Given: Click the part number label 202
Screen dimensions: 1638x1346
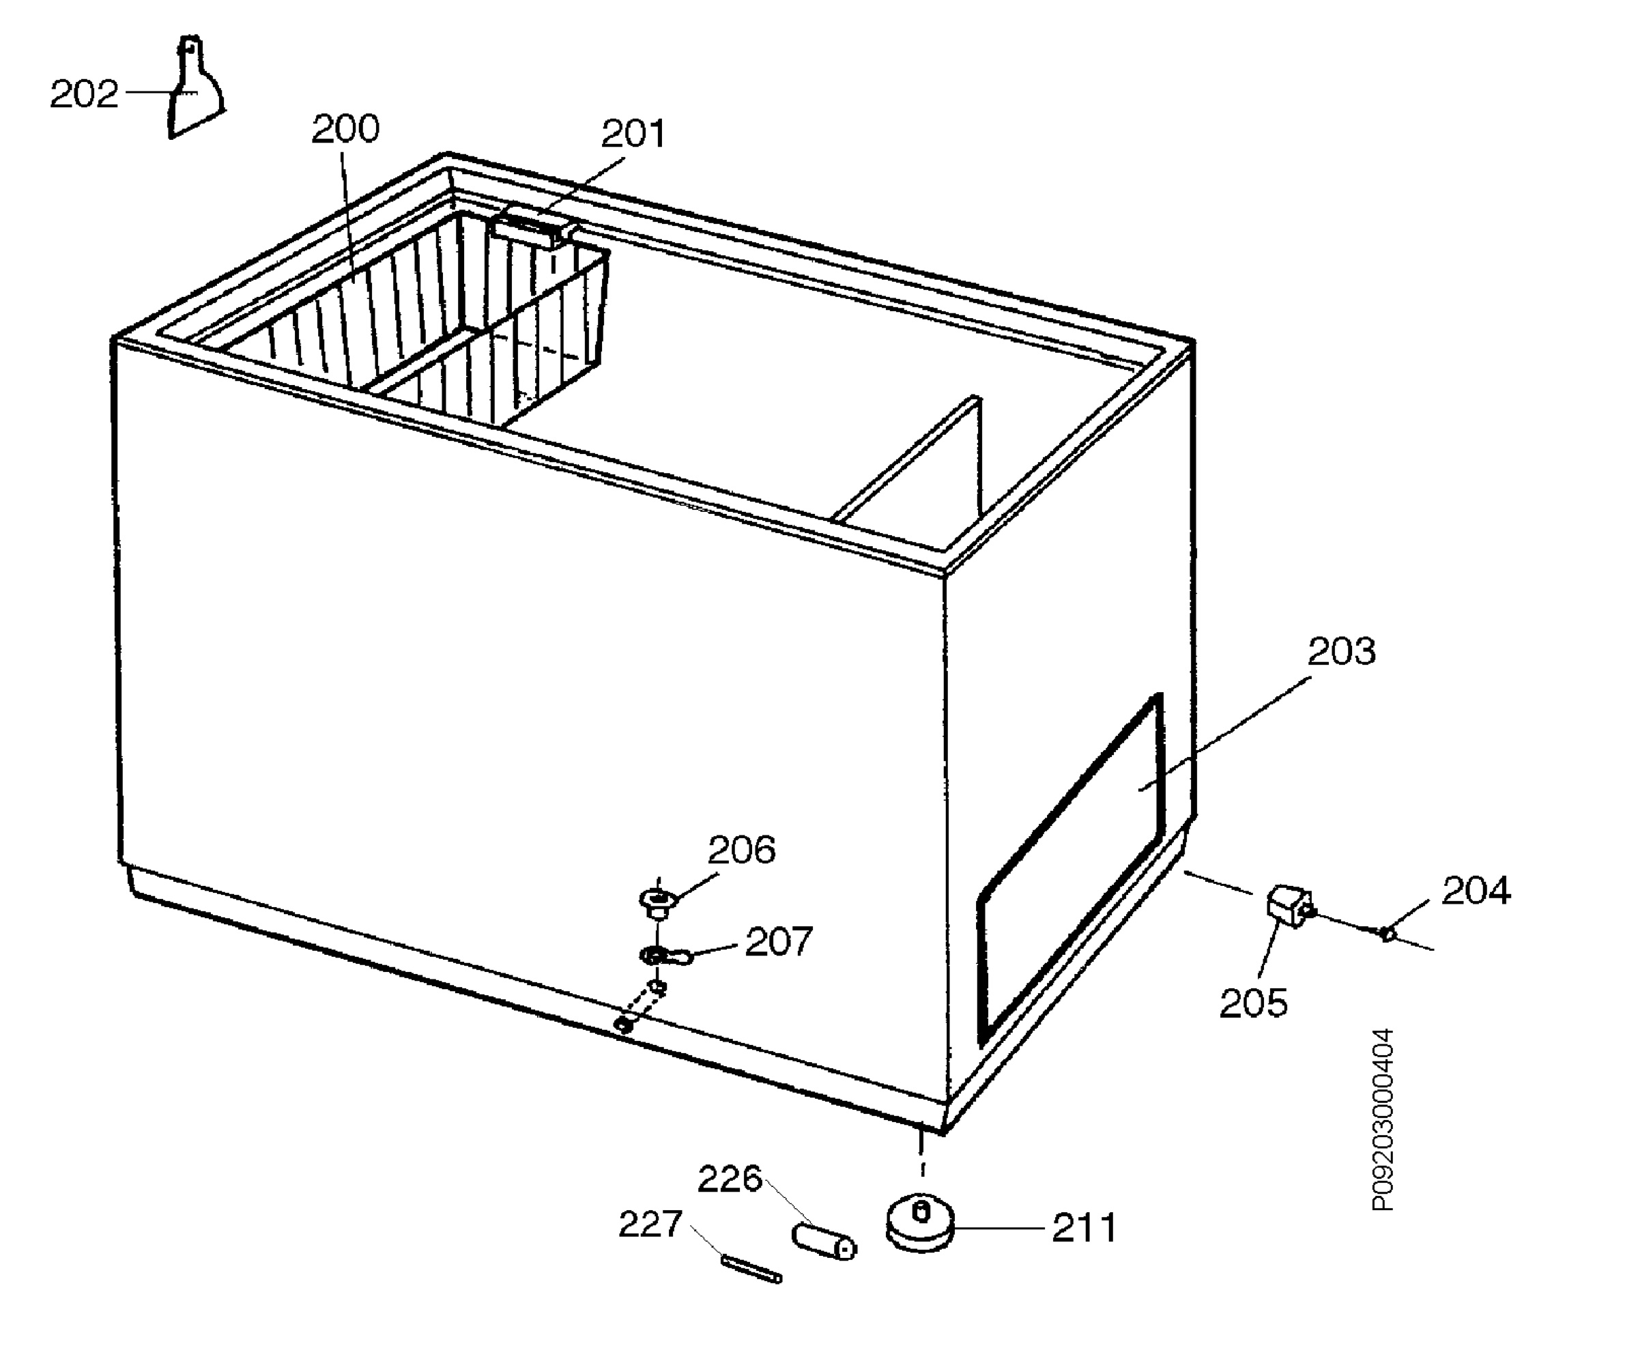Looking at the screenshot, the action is pos(84,95).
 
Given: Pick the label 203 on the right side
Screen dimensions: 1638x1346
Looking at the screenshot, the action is pos(1342,651).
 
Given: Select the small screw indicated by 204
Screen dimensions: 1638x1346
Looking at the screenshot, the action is pos(1388,933).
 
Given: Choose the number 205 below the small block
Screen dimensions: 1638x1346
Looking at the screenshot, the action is pos(1254,1003).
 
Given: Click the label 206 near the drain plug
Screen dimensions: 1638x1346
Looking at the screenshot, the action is pos(741,850).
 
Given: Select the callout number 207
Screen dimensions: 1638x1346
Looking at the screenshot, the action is pos(778,941).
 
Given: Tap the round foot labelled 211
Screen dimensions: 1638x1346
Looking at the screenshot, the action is pos(920,1224).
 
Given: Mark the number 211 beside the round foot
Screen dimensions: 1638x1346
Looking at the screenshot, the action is pos(1084,1228).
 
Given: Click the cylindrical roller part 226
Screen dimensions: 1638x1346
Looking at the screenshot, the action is pos(823,1242).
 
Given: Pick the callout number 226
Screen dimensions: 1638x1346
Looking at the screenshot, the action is pos(730,1179).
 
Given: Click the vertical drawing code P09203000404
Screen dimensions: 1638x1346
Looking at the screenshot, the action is pos(1383,1119).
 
